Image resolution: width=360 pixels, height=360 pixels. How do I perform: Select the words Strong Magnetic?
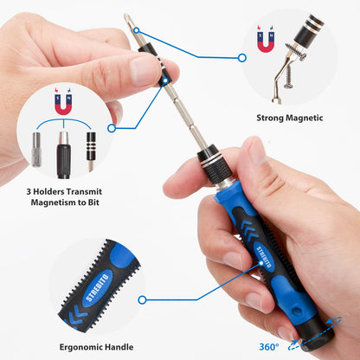tap(290, 117)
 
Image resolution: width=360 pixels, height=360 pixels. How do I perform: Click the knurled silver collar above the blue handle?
tap(211, 161)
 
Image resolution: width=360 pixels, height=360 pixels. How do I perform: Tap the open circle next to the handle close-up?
tap(141, 299)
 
